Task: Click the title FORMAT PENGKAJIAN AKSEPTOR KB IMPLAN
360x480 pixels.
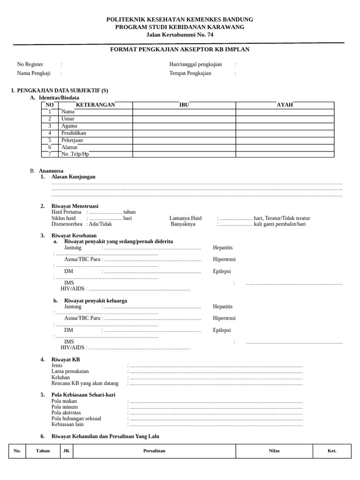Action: coord(180,49)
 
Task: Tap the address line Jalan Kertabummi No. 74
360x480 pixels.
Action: coord(180,34)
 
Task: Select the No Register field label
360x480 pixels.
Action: coord(30,64)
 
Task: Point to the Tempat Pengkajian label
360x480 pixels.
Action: coord(190,73)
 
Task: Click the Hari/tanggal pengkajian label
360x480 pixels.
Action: coord(195,64)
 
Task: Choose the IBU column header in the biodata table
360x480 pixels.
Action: coord(184,105)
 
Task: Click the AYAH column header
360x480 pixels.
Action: coord(285,105)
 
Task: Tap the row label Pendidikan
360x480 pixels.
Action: coord(74,133)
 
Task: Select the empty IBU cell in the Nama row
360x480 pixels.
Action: coord(184,112)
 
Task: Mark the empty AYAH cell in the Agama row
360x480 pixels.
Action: coord(285,126)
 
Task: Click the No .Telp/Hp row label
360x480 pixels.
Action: coord(75,154)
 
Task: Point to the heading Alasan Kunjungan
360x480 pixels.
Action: coord(73,177)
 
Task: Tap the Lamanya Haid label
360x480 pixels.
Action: coord(185,218)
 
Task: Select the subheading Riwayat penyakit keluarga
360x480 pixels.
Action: coord(96,300)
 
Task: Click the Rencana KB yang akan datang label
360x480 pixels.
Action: coord(85,383)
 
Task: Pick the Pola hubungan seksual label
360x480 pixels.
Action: coord(76,418)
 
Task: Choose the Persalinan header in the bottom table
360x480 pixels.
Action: coord(154,451)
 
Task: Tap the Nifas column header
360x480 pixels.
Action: coord(274,451)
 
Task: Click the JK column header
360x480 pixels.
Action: coord(67,451)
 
